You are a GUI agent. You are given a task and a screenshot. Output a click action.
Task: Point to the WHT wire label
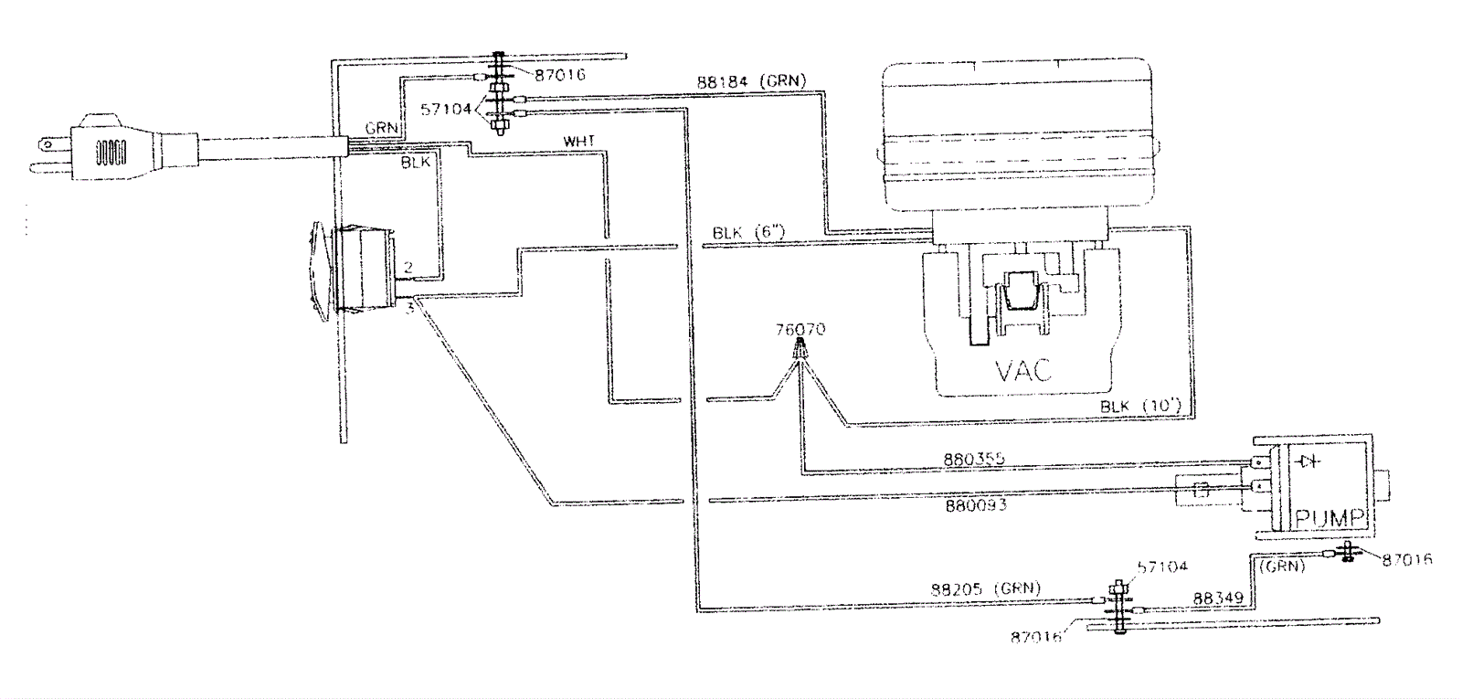point(578,142)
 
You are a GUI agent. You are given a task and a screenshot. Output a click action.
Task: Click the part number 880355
point(973,459)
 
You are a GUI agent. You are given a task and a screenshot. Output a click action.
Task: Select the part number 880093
point(976,504)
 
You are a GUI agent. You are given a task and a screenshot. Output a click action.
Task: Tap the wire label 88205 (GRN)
point(985,588)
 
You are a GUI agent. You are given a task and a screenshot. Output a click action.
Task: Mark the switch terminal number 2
point(408,267)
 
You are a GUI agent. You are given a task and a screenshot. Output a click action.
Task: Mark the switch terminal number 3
point(410,309)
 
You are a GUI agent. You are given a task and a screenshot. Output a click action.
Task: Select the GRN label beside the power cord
point(381,128)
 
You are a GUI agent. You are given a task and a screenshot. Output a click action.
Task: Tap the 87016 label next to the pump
point(1406,559)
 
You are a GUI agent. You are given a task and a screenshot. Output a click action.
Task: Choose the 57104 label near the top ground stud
point(446,109)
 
